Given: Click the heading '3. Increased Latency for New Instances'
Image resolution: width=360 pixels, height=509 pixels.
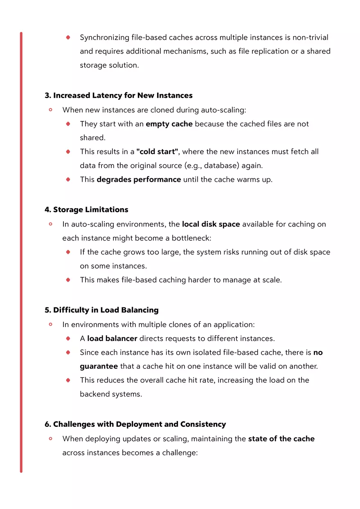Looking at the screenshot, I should click(x=118, y=96).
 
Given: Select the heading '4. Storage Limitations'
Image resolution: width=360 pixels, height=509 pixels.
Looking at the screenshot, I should click(x=86, y=210).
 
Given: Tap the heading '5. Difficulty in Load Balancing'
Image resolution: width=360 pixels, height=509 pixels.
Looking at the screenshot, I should click(x=101, y=310).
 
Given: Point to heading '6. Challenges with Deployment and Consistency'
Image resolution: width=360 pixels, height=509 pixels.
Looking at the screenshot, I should click(x=135, y=424).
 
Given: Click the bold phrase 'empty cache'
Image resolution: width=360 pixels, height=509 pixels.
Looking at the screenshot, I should click(x=169, y=124).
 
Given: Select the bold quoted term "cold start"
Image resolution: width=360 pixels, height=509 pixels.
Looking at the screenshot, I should click(x=157, y=152).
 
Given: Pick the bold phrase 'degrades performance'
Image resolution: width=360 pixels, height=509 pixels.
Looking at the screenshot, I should click(x=139, y=179).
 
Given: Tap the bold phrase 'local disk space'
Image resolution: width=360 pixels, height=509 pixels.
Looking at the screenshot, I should click(x=211, y=224).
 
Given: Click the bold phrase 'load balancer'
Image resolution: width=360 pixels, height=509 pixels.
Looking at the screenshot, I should click(x=112, y=339).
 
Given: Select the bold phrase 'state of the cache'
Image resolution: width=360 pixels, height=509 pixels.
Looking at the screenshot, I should click(x=281, y=439).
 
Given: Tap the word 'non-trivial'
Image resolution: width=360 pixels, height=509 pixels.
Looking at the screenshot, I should click(x=310, y=38).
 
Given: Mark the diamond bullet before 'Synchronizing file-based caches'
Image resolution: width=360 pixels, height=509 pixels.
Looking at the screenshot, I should click(x=68, y=38).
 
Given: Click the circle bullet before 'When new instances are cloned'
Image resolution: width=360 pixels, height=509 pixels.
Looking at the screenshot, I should click(x=51, y=110).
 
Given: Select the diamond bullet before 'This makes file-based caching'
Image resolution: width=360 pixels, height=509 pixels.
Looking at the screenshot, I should click(x=68, y=280).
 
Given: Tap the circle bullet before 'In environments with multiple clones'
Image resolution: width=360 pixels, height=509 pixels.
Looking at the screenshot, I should click(x=51, y=324).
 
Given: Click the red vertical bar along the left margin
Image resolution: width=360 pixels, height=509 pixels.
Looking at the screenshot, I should click(x=21, y=252).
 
